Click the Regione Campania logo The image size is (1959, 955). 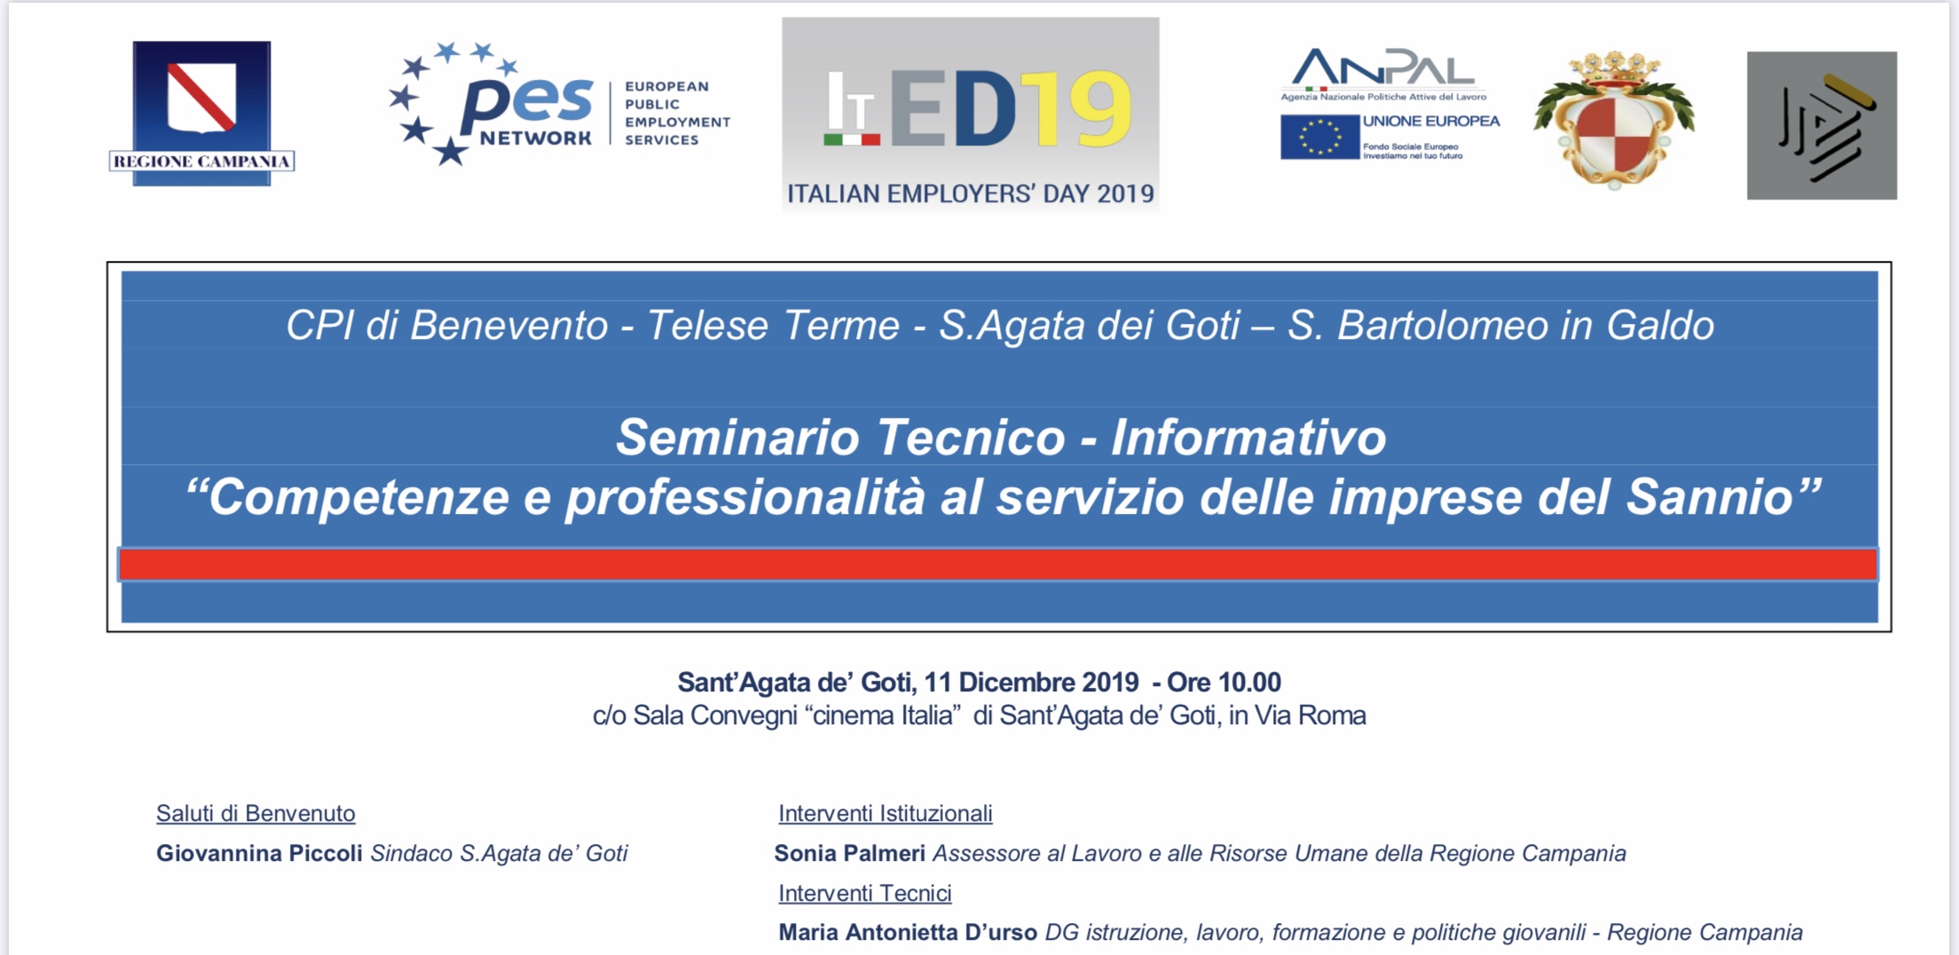[x=201, y=113]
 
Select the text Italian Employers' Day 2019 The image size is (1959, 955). [x=971, y=193]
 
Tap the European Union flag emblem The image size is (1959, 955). [x=1319, y=138]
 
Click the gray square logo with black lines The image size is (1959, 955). [x=1821, y=125]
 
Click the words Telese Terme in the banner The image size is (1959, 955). [x=773, y=325]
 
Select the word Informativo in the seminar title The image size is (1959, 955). [x=1248, y=438]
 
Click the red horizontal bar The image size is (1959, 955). [x=998, y=564]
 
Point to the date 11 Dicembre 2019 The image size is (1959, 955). [x=1031, y=682]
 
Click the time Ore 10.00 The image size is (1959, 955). [x=1223, y=682]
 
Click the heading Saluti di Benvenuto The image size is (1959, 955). [x=256, y=813]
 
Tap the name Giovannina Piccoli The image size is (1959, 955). [x=259, y=853]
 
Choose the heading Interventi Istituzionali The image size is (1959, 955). [x=885, y=813]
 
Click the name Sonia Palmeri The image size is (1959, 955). [x=849, y=853]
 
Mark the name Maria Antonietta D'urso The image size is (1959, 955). [x=908, y=932]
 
